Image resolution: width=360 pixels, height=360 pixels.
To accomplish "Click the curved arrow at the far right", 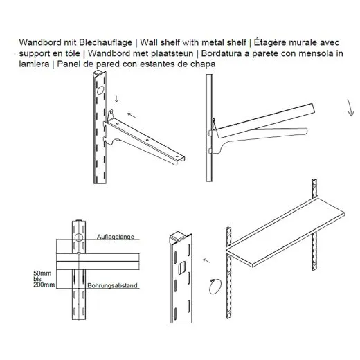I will [348, 108].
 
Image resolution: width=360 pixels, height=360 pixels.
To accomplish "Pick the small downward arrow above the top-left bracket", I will [116, 102].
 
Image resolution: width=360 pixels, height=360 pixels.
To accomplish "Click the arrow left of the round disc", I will [206, 262].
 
